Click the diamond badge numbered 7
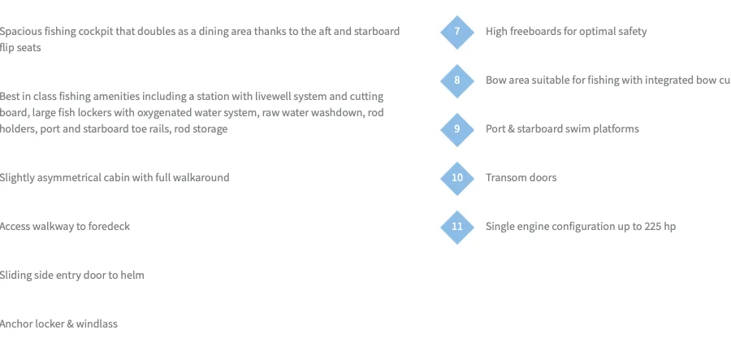[456, 32]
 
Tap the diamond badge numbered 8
[456, 80]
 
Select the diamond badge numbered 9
[456, 129]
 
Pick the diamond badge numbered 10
[456, 178]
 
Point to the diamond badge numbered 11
[456, 227]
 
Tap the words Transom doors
[521, 178]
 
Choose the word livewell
[272, 97]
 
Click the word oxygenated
[162, 113]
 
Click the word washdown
[344, 113]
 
